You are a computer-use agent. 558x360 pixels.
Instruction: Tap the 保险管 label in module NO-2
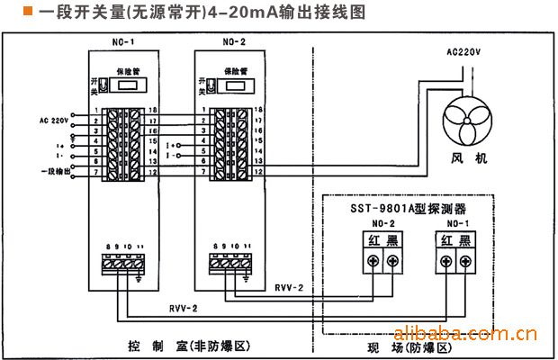coord(237,68)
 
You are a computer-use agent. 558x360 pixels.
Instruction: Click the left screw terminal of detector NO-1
coord(445,261)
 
